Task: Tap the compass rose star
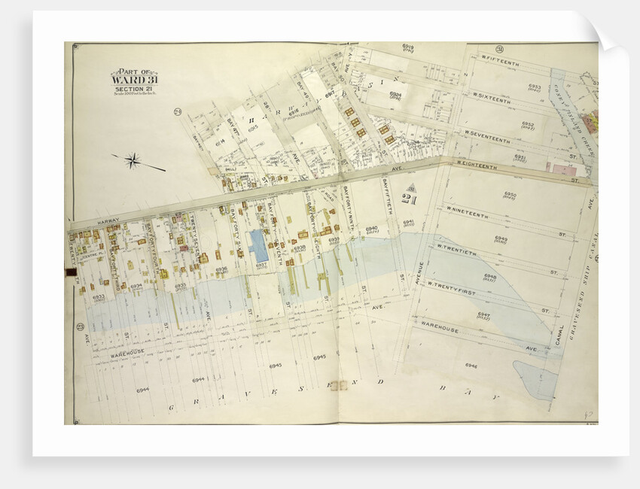click(x=133, y=159)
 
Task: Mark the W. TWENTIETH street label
click(x=457, y=248)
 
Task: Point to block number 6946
click(x=471, y=366)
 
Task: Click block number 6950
click(x=510, y=195)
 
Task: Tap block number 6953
click(x=534, y=87)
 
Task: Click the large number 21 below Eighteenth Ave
click(x=409, y=197)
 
